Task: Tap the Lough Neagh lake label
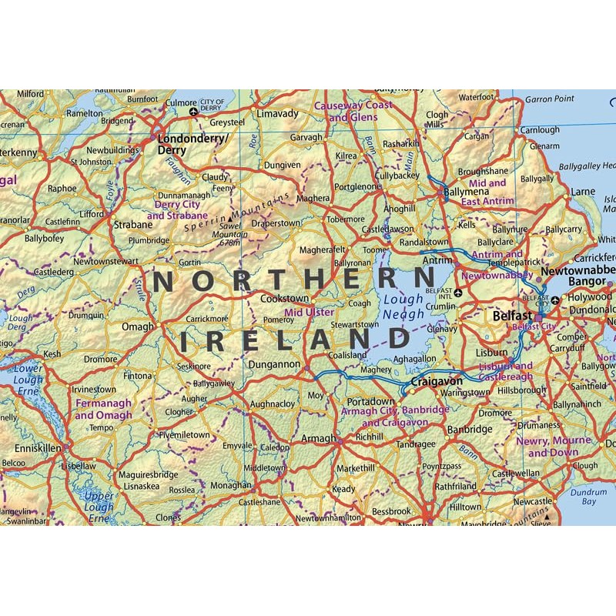point(403,307)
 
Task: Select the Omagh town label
point(138,326)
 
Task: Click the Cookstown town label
point(285,298)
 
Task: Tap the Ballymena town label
point(466,189)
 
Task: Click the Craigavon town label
point(437,381)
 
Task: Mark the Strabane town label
point(133,225)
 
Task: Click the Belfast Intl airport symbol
point(458,293)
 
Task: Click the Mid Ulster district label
point(310,313)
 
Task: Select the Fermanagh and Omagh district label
point(103,409)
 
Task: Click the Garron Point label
point(550,99)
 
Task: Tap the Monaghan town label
point(231,486)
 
